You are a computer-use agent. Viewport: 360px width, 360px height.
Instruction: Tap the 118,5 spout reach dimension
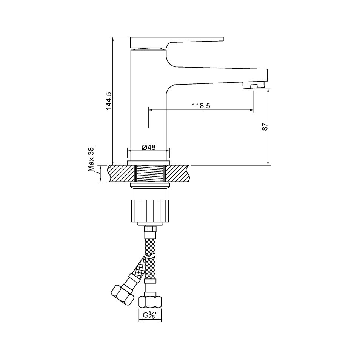tap(201, 106)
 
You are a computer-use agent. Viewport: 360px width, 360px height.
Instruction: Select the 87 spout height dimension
tap(265, 127)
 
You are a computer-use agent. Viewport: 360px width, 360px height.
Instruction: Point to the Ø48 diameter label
tap(149, 147)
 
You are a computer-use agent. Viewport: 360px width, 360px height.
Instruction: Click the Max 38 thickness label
tap(91, 160)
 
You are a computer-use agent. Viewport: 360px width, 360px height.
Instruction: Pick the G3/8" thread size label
tap(150, 315)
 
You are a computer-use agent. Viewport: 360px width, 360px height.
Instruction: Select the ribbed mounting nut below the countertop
tap(150, 211)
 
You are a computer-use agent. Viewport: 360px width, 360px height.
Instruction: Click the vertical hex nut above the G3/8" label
tap(150, 302)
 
